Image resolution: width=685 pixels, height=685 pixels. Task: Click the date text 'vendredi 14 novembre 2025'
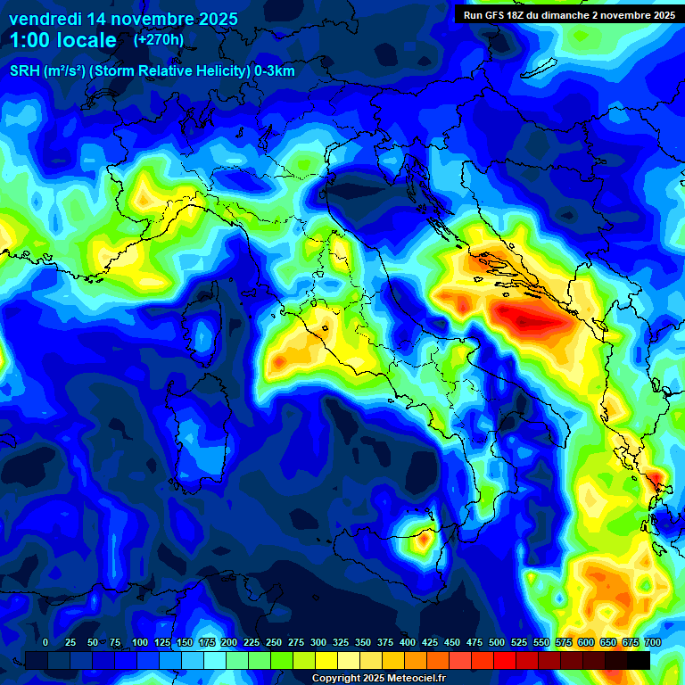point(123,19)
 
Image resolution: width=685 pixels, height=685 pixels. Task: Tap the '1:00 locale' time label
point(63,40)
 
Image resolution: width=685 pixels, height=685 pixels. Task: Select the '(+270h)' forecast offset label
point(159,40)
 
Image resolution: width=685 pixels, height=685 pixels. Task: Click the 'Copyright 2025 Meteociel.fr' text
point(379,679)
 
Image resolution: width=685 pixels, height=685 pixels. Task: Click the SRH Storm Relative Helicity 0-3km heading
point(153,71)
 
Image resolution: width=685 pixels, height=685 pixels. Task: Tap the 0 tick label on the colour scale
point(45,643)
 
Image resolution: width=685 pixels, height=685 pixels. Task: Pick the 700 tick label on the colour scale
point(652,643)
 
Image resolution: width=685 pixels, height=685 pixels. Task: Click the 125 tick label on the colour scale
point(161,643)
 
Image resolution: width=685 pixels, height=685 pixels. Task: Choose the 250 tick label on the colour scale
point(273,643)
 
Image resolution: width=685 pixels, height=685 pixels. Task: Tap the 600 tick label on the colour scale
point(585,643)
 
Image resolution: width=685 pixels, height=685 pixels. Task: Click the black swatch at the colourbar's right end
point(638,660)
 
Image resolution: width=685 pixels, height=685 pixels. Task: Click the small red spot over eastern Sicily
point(423,538)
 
